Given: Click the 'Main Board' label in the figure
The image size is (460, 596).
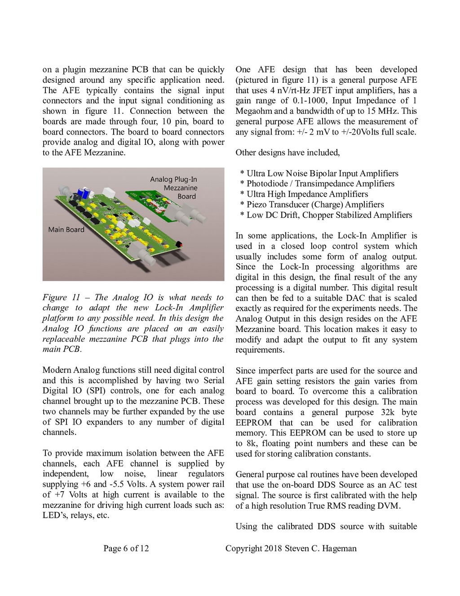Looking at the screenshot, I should point(66,229).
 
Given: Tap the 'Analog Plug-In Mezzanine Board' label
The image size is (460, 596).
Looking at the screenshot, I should point(174,188).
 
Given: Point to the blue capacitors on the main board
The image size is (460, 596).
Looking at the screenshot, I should point(84,193).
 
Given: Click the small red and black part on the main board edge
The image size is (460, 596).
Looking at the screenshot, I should point(181,244).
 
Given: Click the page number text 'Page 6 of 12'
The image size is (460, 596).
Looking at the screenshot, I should point(126,548).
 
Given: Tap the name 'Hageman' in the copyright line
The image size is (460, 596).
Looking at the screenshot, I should point(340,548).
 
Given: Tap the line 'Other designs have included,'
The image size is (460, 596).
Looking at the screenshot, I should point(287,152).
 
